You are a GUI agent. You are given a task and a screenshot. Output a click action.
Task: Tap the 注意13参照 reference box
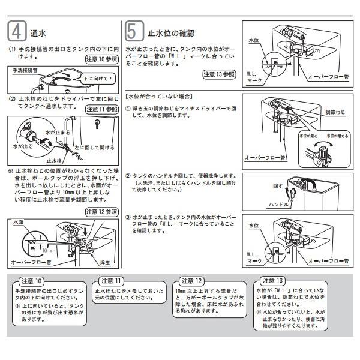tap(218, 74)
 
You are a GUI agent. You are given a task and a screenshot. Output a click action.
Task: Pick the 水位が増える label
tap(337, 136)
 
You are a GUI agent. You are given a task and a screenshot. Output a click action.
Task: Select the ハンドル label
tap(280, 205)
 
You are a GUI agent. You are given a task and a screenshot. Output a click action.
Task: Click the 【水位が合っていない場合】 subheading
tap(159, 95)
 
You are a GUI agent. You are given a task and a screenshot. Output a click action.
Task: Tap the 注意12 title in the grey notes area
tap(191, 281)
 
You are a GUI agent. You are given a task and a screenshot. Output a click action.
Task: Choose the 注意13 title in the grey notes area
tap(272, 281)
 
